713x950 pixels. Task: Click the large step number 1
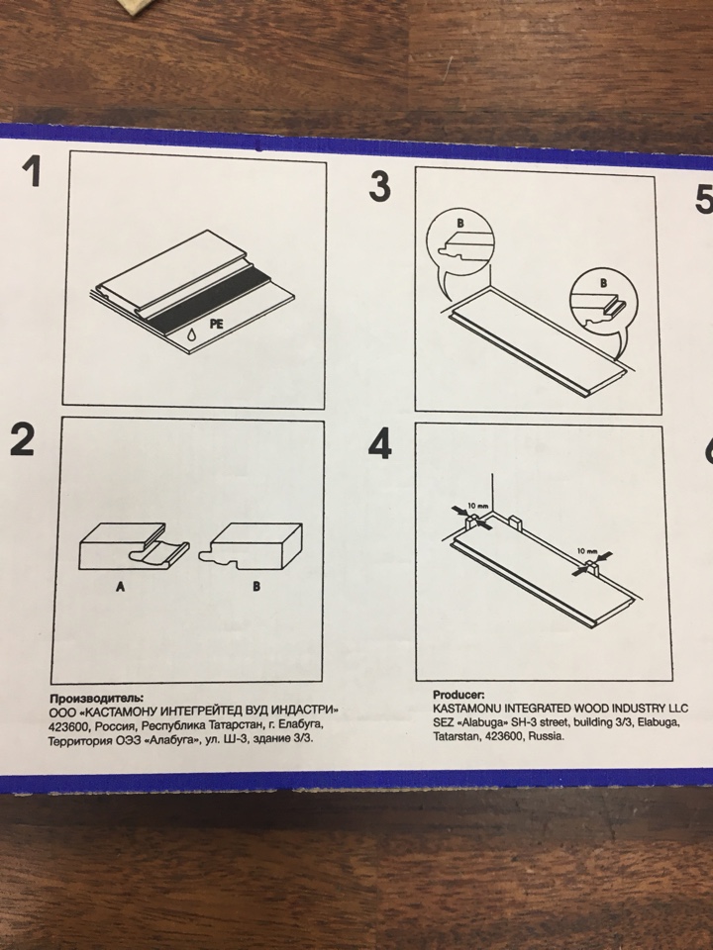[x=32, y=171]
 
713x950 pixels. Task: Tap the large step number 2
[x=23, y=439]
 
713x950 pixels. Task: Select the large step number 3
[x=380, y=186]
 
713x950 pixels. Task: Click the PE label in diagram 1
[x=217, y=325]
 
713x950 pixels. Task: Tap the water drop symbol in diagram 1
[x=191, y=335]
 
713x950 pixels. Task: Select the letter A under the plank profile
[x=120, y=587]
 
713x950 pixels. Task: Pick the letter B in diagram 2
[x=256, y=587]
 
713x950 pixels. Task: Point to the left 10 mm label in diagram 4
[x=478, y=506]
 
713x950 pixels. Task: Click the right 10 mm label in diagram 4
[x=587, y=551]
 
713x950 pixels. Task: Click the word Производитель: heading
[x=97, y=698]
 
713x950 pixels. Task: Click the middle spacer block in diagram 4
[x=516, y=522]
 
